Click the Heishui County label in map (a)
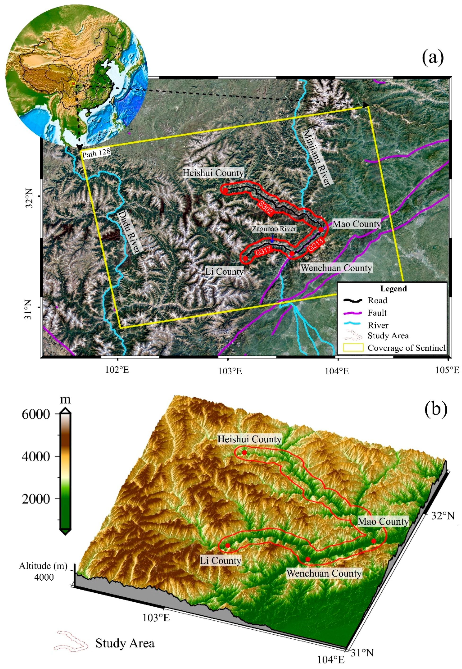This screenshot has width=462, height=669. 213,173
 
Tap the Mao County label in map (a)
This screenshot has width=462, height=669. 357,224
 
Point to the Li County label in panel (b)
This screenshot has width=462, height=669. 221,561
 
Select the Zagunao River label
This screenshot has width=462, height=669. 274,229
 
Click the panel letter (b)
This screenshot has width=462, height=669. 436,409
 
